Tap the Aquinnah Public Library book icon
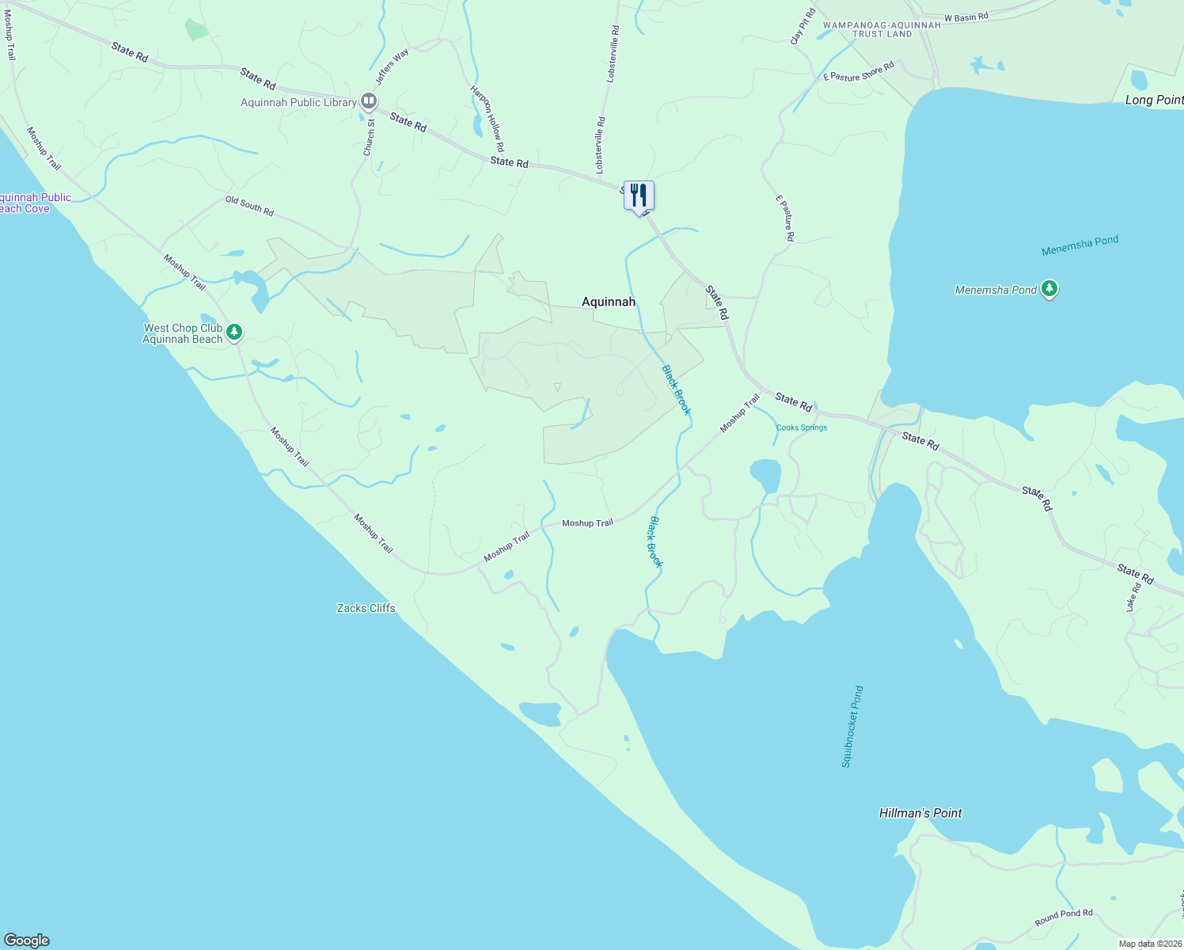[x=368, y=101]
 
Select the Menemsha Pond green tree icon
[x=1049, y=289]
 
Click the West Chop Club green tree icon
[x=233, y=333]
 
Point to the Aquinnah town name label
[x=608, y=302]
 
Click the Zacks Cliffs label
[x=366, y=608]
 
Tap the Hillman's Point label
[x=920, y=813]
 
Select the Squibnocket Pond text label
[x=852, y=727]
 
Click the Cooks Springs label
[x=801, y=427]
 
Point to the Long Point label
[x=1153, y=100]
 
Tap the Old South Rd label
[x=249, y=206]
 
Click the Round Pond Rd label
[x=1063, y=918]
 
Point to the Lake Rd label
[x=1133, y=597]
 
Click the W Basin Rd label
[x=966, y=17]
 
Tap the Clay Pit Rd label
[x=803, y=26]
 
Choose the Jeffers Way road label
[x=393, y=66]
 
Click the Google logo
[x=27, y=940]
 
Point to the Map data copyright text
[x=1150, y=944]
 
